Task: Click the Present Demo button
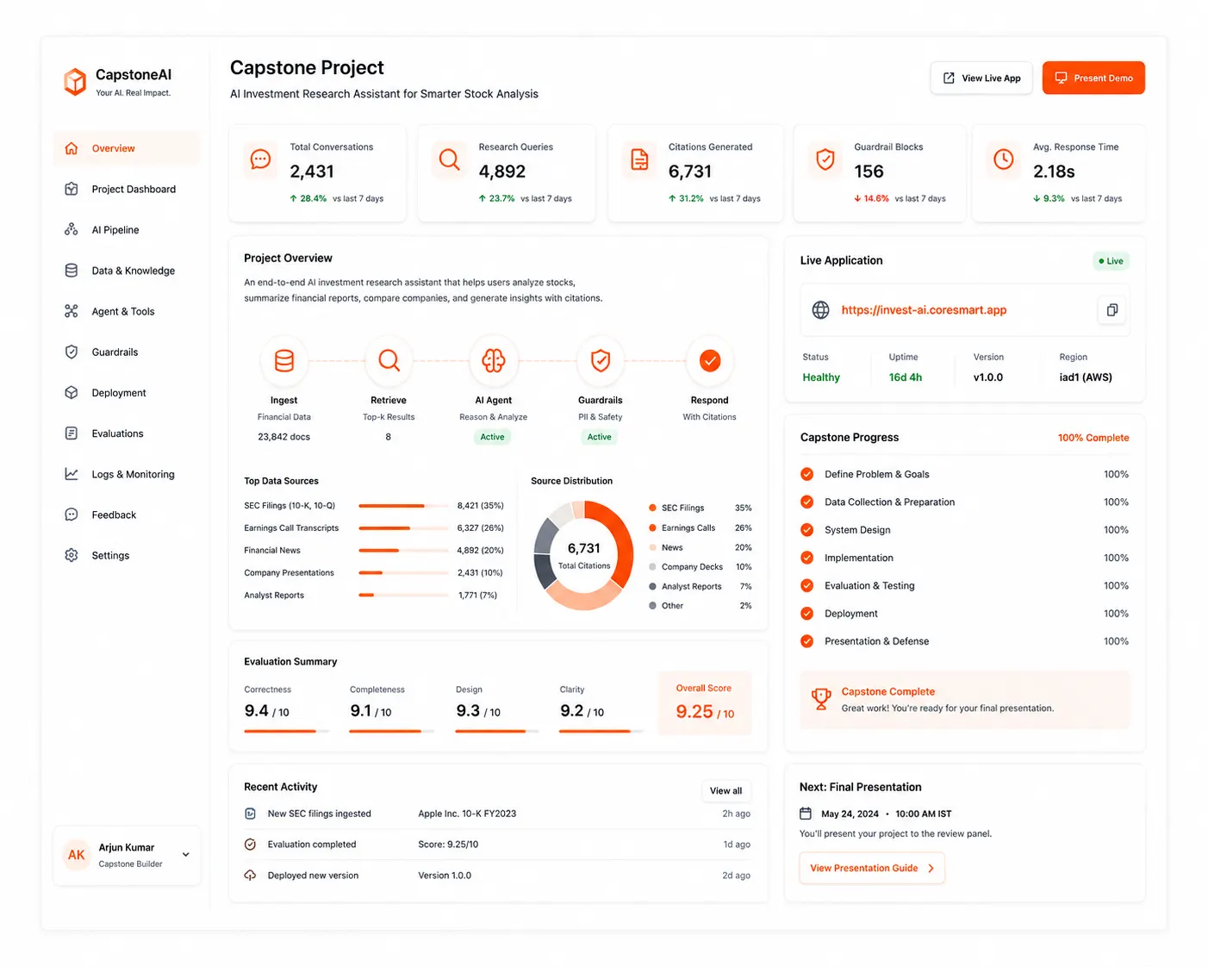(1093, 78)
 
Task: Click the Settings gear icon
(72, 555)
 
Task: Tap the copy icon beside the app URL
(1111, 310)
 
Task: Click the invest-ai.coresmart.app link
(924, 310)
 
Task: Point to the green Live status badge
(1111, 260)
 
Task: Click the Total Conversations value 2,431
(312, 172)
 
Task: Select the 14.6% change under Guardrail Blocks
(871, 198)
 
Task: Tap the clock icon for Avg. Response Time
(1003, 159)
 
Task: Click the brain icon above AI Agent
(494, 360)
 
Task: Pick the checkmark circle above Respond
(709, 360)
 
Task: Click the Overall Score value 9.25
(694, 712)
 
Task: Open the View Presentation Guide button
(872, 868)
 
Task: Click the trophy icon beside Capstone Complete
(820, 699)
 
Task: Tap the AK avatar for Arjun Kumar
(77, 855)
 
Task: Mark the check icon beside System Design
(806, 529)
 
